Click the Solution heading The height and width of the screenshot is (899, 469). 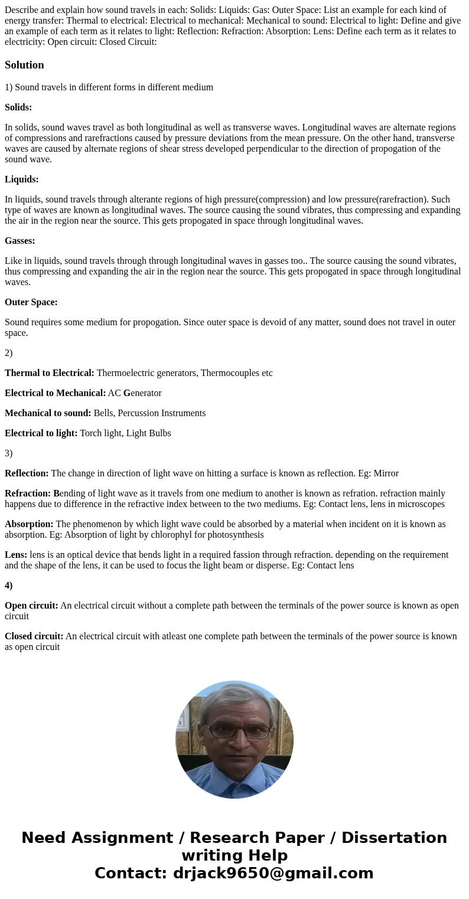click(x=24, y=65)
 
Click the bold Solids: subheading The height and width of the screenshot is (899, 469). click(x=18, y=107)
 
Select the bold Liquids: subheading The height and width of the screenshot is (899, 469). click(x=22, y=179)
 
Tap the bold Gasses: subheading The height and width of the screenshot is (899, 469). click(x=20, y=241)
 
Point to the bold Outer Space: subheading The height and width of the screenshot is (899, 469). click(x=31, y=302)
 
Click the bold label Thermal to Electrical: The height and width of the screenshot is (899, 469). click(x=50, y=373)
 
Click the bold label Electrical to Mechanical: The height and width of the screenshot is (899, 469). click(x=56, y=393)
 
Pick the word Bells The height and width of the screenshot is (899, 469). click(x=105, y=413)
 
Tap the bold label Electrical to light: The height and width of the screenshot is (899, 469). click(x=41, y=433)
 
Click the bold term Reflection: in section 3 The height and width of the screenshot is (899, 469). click(x=27, y=473)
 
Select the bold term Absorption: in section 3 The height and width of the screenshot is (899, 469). click(x=29, y=524)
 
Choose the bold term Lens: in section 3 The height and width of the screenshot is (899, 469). click(x=16, y=555)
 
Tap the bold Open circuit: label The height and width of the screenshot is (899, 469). click(x=31, y=606)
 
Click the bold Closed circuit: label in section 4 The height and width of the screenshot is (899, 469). click(x=34, y=636)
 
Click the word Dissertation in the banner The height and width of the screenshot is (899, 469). click(x=394, y=838)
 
